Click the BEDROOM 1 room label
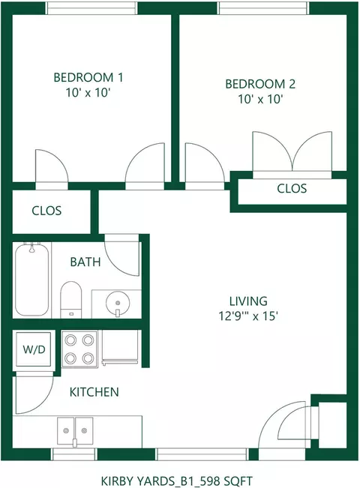click(x=88, y=77)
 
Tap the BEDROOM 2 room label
click(x=260, y=84)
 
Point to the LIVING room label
click(x=248, y=301)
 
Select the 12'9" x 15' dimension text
click(x=248, y=316)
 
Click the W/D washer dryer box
click(x=34, y=349)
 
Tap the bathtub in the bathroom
click(x=31, y=279)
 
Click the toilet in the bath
click(x=70, y=300)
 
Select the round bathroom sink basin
click(x=118, y=303)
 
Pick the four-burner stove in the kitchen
click(x=79, y=349)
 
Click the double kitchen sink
click(x=75, y=431)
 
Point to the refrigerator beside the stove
click(x=120, y=347)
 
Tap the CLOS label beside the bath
click(x=46, y=211)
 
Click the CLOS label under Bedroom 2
click(x=292, y=188)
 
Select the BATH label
click(x=85, y=262)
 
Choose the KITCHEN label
click(x=94, y=392)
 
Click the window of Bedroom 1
click(x=91, y=8)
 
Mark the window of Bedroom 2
click(x=263, y=8)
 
